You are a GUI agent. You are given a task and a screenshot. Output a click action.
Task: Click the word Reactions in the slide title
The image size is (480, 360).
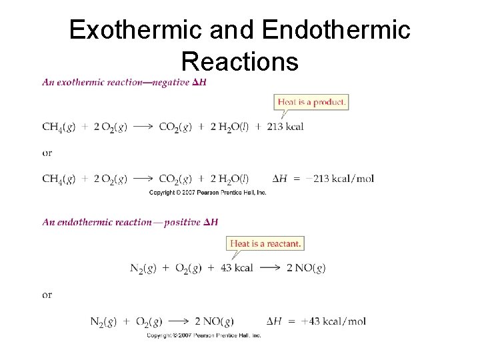coord(239,62)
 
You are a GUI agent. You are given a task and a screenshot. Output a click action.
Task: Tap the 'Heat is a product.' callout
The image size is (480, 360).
coord(311,102)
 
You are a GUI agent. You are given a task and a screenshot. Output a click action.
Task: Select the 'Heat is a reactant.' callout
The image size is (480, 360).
coord(265,243)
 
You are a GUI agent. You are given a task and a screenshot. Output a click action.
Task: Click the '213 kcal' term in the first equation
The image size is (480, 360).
coord(285,127)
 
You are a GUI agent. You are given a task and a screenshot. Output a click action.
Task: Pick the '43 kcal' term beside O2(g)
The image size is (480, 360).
coord(237,268)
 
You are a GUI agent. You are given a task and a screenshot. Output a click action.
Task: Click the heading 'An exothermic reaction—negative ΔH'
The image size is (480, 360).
coord(124,83)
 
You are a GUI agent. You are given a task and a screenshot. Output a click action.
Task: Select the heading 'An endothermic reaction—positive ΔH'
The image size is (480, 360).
coord(130,222)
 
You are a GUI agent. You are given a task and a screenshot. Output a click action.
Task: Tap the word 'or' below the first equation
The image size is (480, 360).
coord(47,153)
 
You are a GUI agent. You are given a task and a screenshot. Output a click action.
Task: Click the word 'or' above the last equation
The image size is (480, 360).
coord(47,295)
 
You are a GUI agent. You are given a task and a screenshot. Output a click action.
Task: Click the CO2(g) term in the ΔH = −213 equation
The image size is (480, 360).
coord(175,179)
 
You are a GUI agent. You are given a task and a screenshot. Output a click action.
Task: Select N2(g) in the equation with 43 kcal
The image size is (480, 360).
coord(145,268)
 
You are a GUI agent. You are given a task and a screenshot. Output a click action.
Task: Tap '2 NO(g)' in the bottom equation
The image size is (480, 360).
coord(214,321)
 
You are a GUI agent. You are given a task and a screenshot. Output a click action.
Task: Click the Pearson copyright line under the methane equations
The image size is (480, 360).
coord(207,193)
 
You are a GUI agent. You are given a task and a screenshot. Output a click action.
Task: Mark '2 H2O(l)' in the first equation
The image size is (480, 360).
coord(229,127)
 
